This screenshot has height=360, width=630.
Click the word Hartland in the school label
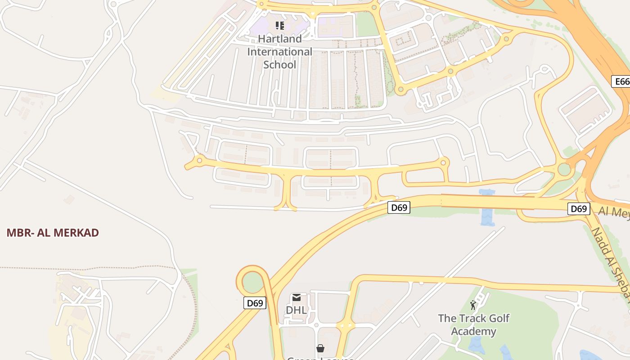pyautogui.click(x=279, y=39)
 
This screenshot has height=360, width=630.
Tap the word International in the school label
pyautogui.click(x=279, y=52)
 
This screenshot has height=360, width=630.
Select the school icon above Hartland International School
pyautogui.click(x=280, y=25)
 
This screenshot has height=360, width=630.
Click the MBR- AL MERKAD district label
pyautogui.click(x=53, y=233)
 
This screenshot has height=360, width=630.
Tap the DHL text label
pyautogui.click(x=296, y=310)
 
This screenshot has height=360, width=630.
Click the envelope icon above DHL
pyautogui.click(x=296, y=297)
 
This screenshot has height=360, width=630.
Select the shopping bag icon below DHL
pyautogui.click(x=320, y=348)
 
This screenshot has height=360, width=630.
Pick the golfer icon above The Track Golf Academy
pyautogui.click(x=473, y=306)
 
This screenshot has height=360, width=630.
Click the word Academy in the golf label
pyautogui.click(x=474, y=332)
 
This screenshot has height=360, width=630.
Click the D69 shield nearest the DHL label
pyautogui.click(x=255, y=303)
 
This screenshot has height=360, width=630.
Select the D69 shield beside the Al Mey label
pyautogui.click(x=578, y=209)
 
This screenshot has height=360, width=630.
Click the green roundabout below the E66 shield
pyautogui.click(x=564, y=170)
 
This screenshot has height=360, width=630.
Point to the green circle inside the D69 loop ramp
pyautogui.click(x=252, y=282)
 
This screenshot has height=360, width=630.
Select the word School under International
pyautogui.click(x=279, y=64)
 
